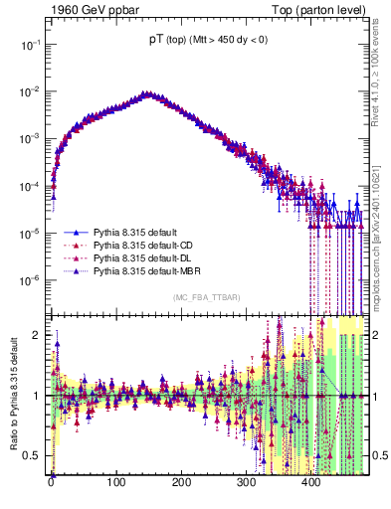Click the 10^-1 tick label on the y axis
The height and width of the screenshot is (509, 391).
click(x=31, y=45)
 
